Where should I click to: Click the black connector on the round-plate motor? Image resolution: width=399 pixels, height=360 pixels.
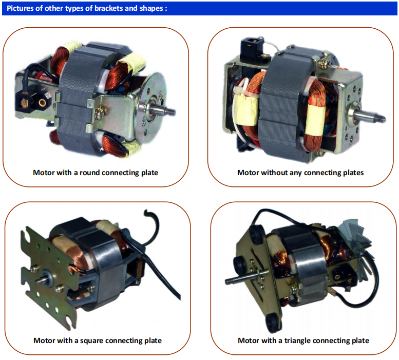(x=26, y=103)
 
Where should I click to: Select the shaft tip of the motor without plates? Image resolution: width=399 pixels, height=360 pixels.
(x=381, y=119)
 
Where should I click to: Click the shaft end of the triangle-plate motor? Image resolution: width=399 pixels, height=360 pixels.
(x=228, y=281)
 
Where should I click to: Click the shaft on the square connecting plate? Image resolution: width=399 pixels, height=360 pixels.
(x=40, y=280)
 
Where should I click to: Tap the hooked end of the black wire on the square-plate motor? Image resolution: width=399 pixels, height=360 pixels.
(x=147, y=213)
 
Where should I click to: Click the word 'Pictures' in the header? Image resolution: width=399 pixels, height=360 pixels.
(x=20, y=8)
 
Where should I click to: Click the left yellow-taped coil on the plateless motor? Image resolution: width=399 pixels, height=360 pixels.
(x=246, y=106)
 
